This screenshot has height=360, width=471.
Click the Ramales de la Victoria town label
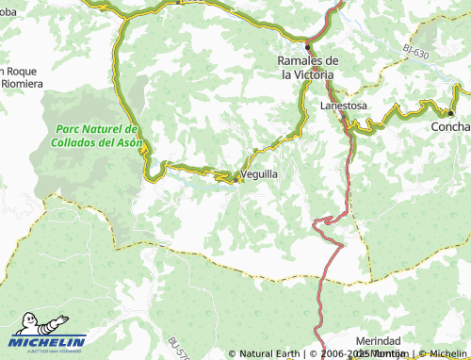[306, 68]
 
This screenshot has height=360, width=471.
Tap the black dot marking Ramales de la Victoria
[307, 46]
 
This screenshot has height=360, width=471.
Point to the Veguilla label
[259, 175]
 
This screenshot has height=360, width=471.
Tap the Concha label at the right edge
[450, 126]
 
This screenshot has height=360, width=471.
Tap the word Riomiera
[22, 84]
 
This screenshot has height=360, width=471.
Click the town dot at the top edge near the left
[179, 2]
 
